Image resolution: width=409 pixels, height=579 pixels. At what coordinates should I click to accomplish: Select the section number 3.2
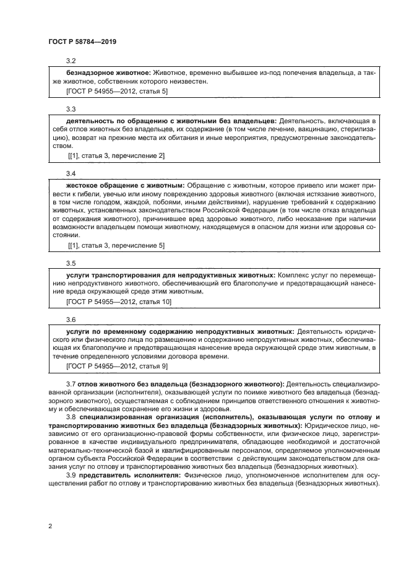(71, 61)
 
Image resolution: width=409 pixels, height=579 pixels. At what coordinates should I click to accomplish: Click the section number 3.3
(71, 108)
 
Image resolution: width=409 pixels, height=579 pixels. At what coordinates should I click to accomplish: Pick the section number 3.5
(71, 262)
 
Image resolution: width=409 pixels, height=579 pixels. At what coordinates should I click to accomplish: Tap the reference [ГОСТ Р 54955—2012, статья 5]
(117, 91)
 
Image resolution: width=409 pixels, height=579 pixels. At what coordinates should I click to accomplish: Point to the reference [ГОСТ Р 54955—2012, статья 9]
(117, 366)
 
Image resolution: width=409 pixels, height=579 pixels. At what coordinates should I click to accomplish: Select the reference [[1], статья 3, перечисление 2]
(116, 155)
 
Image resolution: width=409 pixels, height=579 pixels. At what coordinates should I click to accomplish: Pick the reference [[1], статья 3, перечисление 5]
(116, 245)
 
